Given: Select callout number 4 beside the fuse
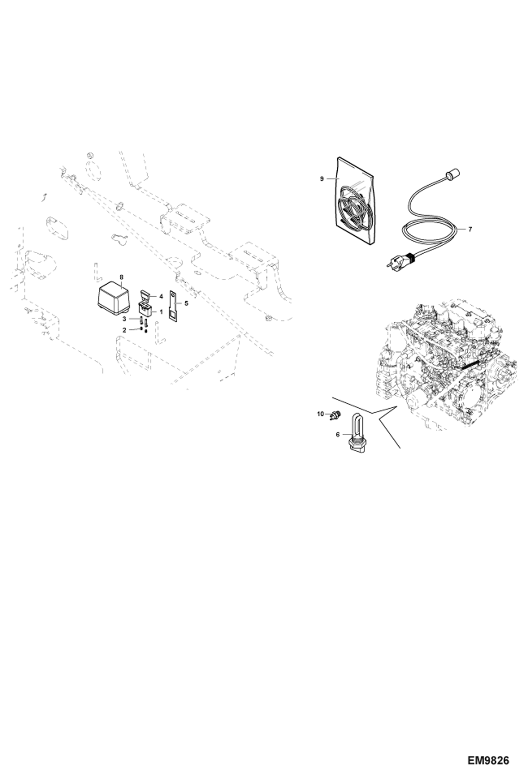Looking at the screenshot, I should point(161,296).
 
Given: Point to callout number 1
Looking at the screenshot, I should point(161,312).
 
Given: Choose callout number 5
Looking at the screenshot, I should point(186,303).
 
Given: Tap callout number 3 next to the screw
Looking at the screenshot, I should point(124,319).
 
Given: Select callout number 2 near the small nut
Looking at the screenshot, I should point(124,330).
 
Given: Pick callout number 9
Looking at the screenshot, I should point(321,179).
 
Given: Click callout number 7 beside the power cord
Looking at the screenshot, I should point(470,229).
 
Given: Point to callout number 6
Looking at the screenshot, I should point(337,434).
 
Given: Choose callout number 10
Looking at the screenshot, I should point(320,414).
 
